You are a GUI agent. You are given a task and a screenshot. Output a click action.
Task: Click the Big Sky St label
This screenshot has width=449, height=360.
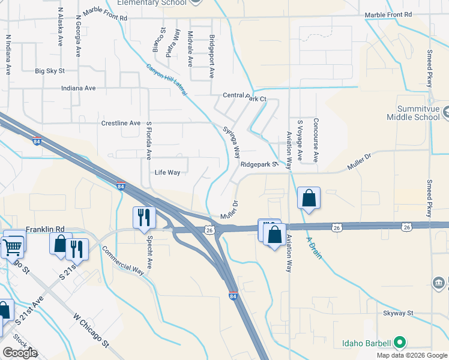(x=49, y=71)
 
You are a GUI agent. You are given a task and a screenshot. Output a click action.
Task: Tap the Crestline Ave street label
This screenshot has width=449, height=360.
(x=121, y=124)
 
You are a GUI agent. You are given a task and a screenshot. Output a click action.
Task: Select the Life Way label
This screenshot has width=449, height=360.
(x=167, y=173)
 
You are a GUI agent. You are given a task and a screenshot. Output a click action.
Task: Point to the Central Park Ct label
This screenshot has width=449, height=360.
(x=244, y=96)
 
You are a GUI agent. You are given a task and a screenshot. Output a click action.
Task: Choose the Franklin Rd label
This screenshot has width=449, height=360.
(x=45, y=229)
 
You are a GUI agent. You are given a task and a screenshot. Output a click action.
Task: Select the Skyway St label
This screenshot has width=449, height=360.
(x=399, y=313)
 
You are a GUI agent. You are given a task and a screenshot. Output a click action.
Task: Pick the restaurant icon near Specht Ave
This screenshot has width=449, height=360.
(x=144, y=217)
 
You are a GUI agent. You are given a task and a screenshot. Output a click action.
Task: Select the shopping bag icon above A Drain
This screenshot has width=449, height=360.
(x=309, y=198)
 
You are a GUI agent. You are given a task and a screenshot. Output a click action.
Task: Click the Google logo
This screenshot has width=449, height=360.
(x=20, y=353)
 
